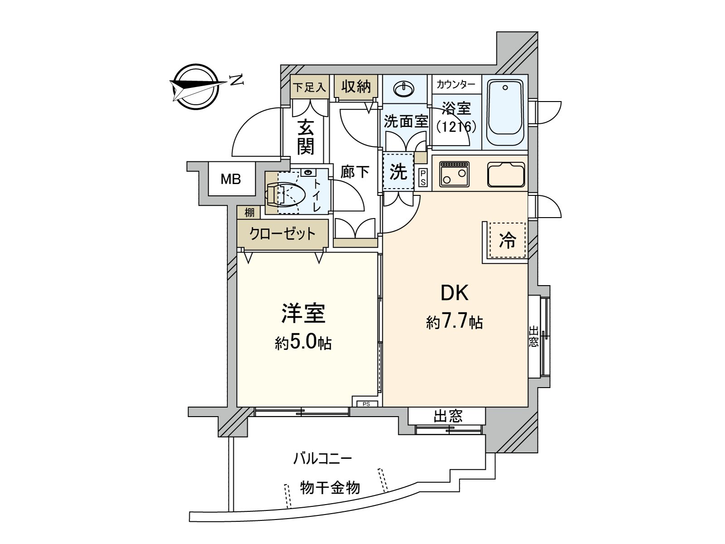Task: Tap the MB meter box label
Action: click(231, 180)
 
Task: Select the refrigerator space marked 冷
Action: click(507, 241)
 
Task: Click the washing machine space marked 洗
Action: click(398, 172)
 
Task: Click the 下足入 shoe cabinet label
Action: click(309, 87)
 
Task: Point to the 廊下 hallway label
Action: click(355, 172)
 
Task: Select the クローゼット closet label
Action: click(282, 233)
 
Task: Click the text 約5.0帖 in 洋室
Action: click(303, 343)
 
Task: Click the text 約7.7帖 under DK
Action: click(454, 322)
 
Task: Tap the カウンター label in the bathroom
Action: click(456, 84)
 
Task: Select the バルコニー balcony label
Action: click(322, 458)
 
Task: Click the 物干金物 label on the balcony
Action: click(330, 488)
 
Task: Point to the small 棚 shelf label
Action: click(249, 212)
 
